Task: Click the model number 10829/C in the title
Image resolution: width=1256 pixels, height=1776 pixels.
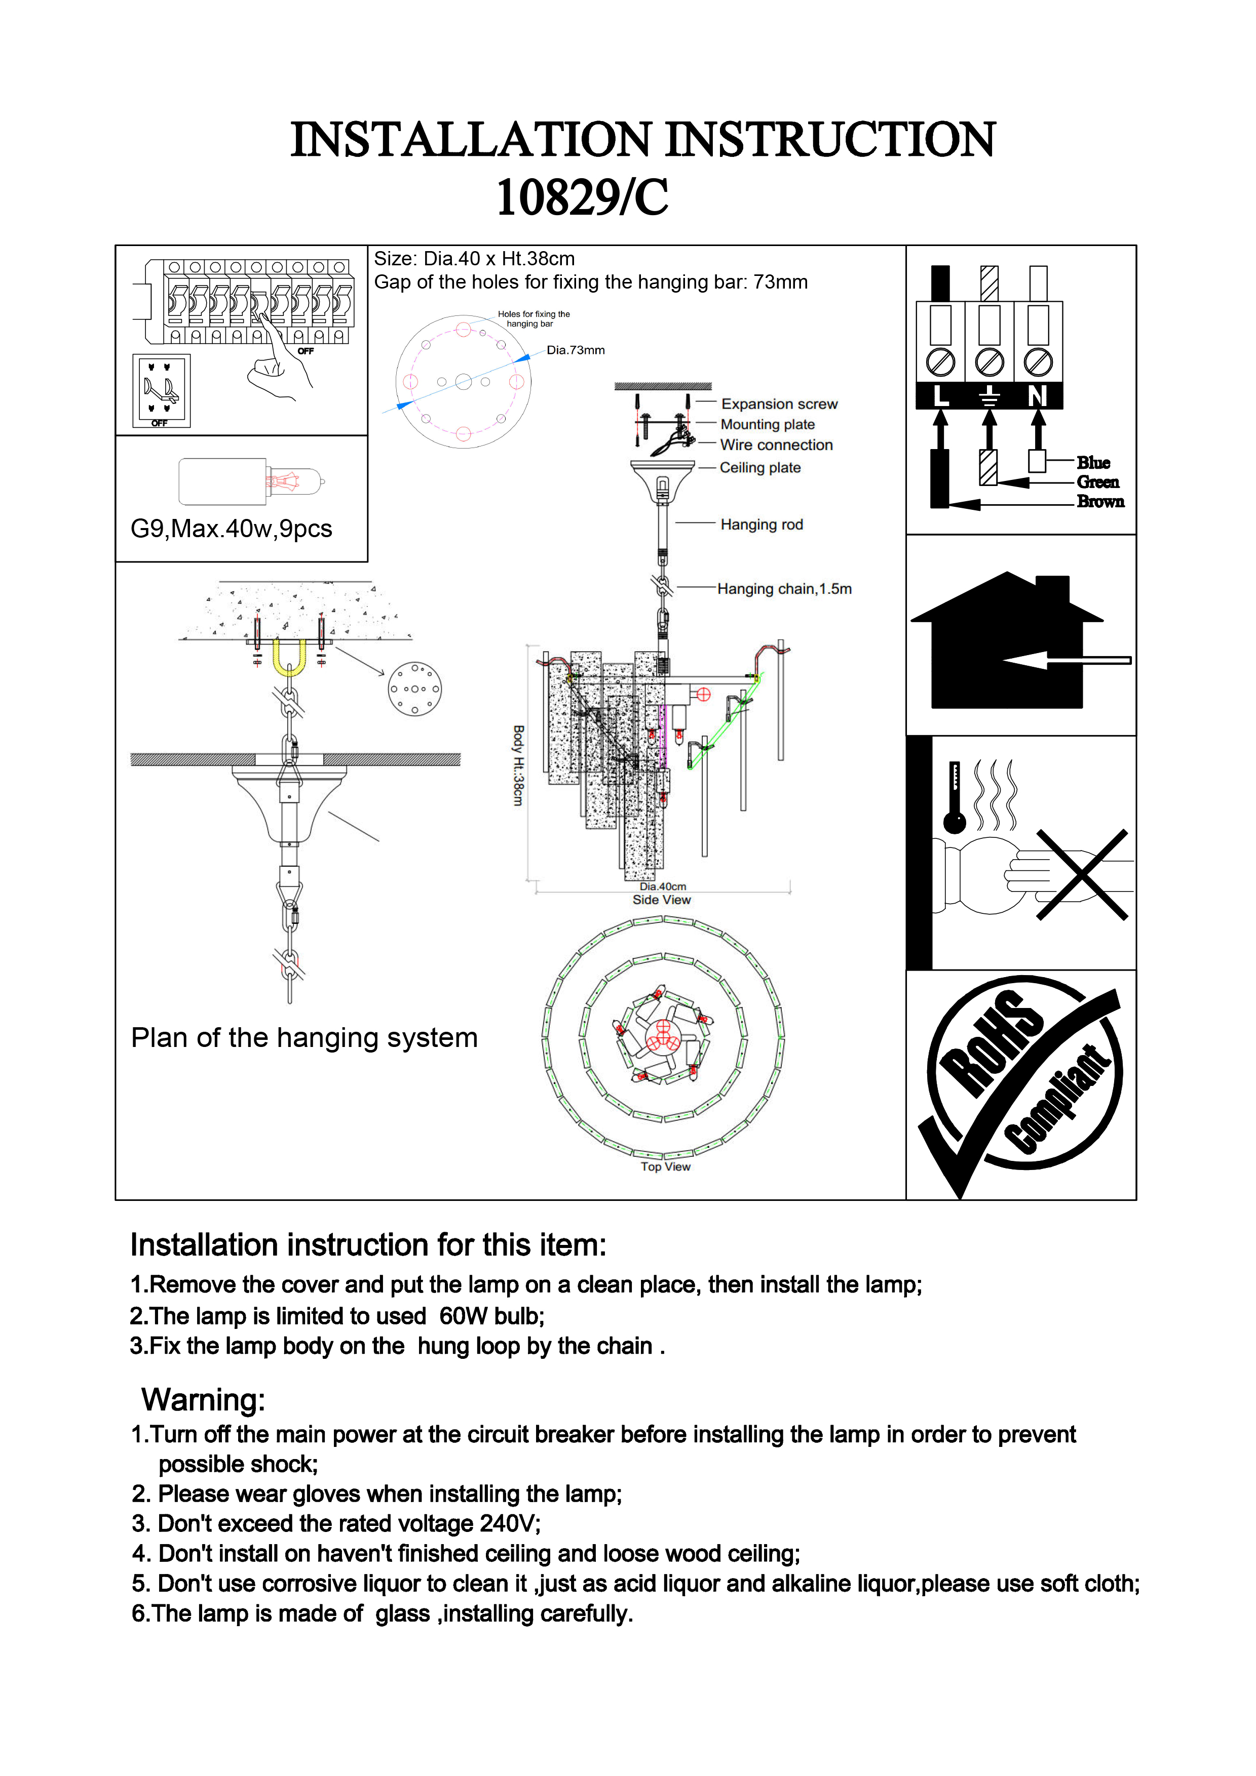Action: [582, 197]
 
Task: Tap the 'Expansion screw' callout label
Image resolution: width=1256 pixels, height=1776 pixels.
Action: [779, 404]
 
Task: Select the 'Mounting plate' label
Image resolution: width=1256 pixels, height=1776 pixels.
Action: [767, 424]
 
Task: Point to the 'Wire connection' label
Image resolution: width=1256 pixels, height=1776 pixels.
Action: [776, 445]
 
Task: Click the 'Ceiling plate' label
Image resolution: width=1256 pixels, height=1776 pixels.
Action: [760, 467]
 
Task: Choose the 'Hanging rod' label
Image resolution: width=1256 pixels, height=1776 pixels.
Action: [762, 524]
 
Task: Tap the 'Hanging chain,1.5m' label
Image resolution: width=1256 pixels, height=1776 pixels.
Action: [784, 589]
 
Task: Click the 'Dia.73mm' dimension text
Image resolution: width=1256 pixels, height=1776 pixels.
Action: [576, 350]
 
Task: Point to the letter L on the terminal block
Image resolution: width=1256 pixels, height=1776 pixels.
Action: [940, 396]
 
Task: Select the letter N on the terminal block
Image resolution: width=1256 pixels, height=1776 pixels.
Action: [1037, 396]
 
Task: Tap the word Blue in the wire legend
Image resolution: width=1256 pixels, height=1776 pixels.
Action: [1093, 463]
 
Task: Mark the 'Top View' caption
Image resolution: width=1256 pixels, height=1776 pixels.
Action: [666, 1166]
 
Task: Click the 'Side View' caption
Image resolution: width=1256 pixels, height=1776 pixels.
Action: [662, 900]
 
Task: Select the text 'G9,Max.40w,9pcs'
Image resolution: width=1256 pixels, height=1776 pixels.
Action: [232, 529]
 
